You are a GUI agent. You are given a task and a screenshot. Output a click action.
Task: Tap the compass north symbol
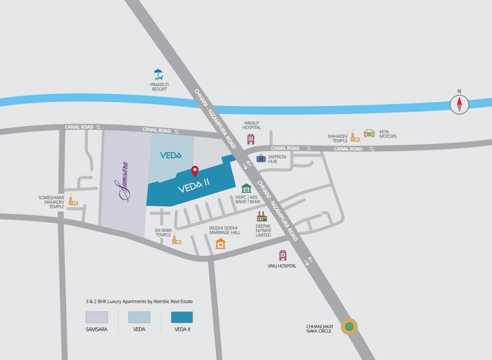460,104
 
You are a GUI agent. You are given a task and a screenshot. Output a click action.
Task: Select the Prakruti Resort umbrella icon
159,74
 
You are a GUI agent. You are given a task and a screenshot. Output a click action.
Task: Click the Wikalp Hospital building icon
251,139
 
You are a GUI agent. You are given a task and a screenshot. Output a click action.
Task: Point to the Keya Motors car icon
369,133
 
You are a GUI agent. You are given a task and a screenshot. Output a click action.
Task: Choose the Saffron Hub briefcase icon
261,158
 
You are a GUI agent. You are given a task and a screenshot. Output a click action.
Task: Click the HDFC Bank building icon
246,188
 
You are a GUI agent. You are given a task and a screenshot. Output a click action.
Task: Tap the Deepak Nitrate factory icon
262,216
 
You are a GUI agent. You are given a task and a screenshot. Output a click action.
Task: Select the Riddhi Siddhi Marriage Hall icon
220,244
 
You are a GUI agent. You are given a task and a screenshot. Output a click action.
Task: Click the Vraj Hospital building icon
282,255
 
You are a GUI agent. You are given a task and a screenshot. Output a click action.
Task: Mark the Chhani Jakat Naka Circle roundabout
348,326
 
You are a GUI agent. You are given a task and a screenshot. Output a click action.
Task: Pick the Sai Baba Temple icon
177,240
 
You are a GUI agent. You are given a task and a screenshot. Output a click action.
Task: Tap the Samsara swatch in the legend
97,317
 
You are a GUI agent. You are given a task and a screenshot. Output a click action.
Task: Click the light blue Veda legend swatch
139,317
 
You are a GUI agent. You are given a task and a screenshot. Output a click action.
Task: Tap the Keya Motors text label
388,134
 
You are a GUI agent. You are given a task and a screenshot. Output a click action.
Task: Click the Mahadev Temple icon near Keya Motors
355,136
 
